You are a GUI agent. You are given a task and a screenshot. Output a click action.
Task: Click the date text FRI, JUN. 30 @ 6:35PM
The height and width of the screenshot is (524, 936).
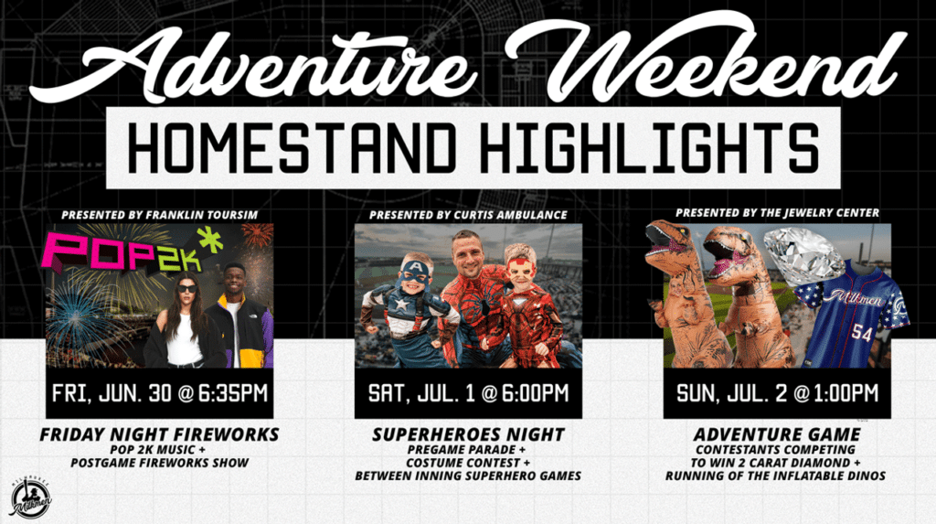[160, 394]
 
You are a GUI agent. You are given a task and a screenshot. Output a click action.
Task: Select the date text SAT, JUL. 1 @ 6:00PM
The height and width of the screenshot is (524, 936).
[468, 394]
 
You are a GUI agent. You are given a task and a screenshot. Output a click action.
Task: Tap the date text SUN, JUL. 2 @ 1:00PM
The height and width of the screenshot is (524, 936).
[777, 394]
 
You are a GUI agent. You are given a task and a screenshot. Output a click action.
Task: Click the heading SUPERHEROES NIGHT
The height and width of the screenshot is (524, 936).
[468, 434]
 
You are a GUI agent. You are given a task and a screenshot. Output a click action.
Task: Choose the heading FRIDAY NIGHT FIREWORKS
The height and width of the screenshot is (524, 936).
[160, 434]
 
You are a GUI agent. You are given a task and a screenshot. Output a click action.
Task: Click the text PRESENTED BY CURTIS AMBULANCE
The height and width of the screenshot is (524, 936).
[468, 215]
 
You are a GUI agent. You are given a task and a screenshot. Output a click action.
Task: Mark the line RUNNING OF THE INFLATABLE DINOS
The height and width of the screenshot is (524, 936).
[777, 476]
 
